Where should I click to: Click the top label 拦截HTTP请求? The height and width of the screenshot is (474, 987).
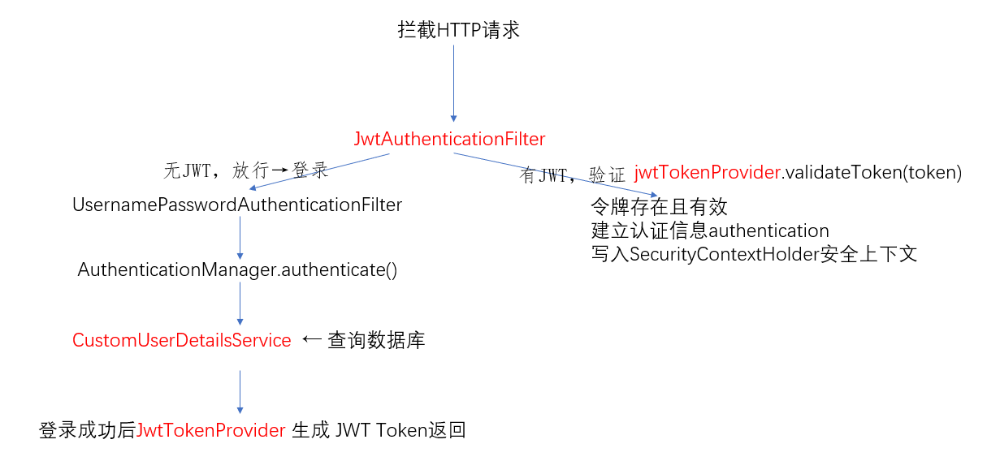pos(459,30)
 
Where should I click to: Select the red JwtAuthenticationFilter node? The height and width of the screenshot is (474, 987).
pos(449,139)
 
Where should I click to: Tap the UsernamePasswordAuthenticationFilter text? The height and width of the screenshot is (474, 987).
pos(237,205)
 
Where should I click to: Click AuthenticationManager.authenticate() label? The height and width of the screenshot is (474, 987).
pos(237,269)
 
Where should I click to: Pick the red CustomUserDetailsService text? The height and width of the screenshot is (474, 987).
pos(181,340)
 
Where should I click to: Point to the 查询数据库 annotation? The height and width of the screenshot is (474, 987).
pos(376,341)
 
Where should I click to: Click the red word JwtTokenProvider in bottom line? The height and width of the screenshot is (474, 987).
pos(211,430)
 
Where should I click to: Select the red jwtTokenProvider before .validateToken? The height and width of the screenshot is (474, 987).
pos(708,173)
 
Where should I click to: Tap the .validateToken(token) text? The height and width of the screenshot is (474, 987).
pos(872,173)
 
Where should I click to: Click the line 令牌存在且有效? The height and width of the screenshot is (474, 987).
pos(659,207)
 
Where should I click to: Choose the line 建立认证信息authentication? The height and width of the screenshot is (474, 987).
pos(710,231)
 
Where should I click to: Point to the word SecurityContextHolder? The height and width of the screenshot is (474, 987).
pos(725,254)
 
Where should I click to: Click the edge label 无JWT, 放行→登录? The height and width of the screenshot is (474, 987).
pos(246,170)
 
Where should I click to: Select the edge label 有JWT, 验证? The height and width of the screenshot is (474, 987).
pos(572,175)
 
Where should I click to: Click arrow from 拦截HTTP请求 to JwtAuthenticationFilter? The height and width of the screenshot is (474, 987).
pos(453,83)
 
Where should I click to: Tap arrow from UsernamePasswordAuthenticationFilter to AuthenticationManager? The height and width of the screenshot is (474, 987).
pos(240,238)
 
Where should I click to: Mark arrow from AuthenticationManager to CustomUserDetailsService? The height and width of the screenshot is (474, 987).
pos(240,304)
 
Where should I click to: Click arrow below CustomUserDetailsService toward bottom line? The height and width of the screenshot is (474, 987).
pos(240,392)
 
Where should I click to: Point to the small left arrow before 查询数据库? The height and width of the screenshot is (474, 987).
pos(312,339)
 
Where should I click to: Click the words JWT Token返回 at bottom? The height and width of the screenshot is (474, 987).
pos(400,430)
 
